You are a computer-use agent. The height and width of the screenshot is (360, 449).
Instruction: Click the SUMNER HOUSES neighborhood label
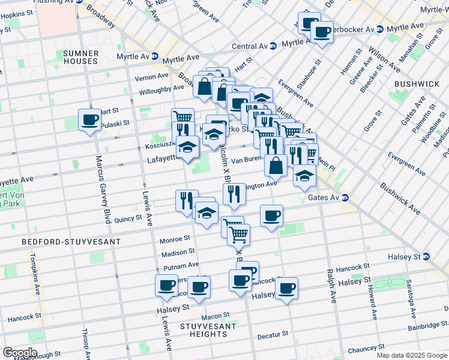pos(80,57)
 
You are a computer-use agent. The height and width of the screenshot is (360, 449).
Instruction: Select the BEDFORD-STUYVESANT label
pos(71,241)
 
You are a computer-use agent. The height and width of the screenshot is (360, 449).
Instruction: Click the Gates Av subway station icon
pos(345,197)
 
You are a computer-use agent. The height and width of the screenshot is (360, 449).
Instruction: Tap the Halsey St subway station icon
pos(426,256)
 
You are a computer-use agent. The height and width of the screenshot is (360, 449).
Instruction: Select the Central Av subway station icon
pos(273,46)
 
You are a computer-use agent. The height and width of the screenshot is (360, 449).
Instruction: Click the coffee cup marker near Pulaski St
pos(90,119)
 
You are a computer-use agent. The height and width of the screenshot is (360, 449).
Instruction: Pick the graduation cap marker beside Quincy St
pos(206,212)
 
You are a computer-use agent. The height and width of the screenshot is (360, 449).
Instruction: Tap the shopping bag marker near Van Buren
pos(276,165)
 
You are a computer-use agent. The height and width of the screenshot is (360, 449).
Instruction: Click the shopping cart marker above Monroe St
pos(239,234)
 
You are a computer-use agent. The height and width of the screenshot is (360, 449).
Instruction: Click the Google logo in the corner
pos(19,353)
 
